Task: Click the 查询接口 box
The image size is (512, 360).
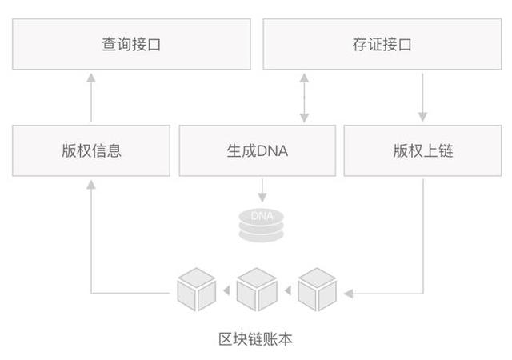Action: (x=130, y=44)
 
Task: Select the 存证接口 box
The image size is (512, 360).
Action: (x=382, y=44)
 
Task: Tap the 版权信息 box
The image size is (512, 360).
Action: (x=90, y=150)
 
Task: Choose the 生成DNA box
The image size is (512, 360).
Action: (x=256, y=150)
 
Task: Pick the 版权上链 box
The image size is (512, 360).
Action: (x=422, y=150)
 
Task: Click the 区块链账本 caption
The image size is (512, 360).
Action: (x=256, y=339)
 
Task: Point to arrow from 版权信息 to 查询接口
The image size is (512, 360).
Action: (x=90, y=97)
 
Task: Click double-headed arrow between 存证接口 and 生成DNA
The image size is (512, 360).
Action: (x=303, y=97)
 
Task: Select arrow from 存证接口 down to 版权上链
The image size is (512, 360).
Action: (x=422, y=97)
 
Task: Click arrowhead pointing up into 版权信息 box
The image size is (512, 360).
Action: (x=90, y=183)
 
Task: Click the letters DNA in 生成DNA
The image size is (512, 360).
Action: (x=272, y=150)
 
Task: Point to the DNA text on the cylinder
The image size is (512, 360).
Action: (x=262, y=216)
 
